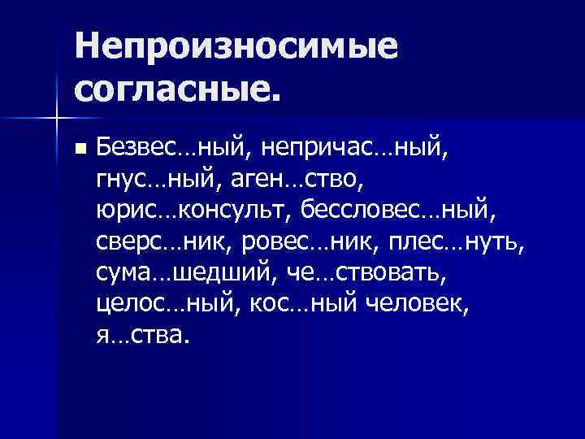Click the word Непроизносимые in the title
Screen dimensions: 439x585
point(236,46)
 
